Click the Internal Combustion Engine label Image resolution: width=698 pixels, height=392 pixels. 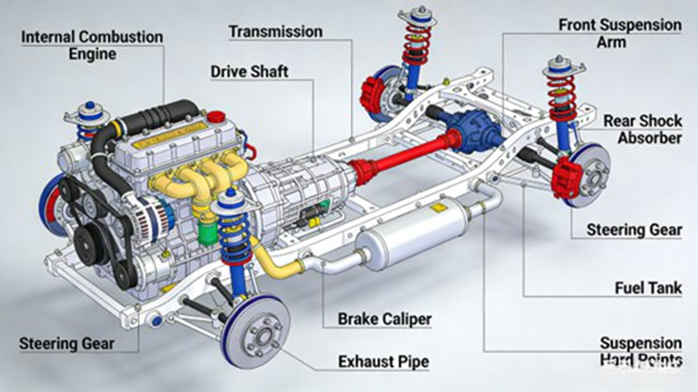pos(92,45)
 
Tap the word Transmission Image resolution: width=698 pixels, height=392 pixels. pos(276,32)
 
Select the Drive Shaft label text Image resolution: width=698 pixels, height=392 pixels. pos(250,71)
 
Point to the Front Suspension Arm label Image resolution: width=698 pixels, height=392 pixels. pos(619,33)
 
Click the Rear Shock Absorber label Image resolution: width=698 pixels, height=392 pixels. pos(642,129)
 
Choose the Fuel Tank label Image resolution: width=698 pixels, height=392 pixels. pos(649,288)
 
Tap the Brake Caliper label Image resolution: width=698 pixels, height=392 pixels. pos(384,319)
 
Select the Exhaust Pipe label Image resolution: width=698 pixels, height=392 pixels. pos(383,362)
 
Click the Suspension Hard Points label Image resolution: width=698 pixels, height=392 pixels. pos(640,352)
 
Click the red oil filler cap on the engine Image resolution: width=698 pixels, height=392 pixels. pos(216,117)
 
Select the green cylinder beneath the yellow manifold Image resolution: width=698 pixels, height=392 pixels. pos(208,232)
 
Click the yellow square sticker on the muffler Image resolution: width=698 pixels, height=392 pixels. pos(439,209)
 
